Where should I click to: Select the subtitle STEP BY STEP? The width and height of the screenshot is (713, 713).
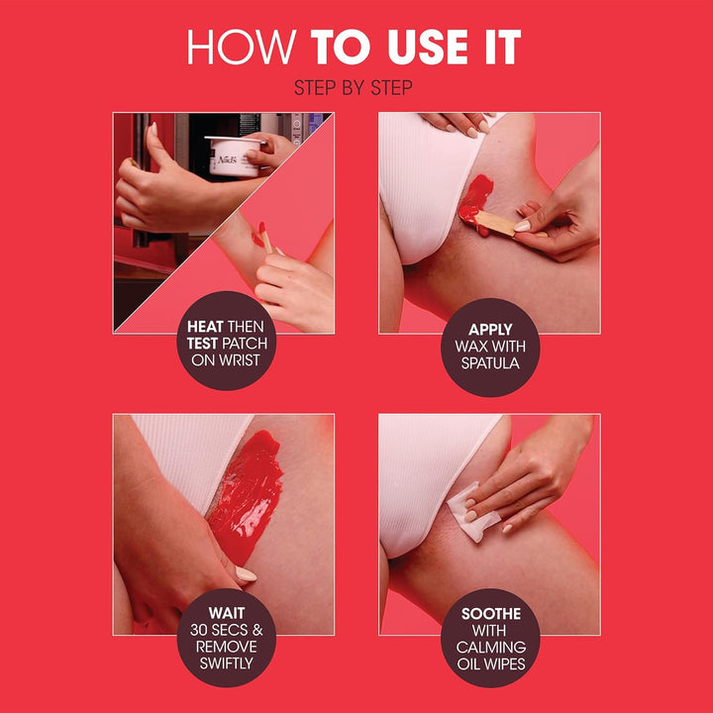click(x=354, y=88)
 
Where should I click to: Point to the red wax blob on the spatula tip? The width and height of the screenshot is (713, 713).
click(x=472, y=195)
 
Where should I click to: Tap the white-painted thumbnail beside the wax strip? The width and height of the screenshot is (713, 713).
click(x=245, y=573)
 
